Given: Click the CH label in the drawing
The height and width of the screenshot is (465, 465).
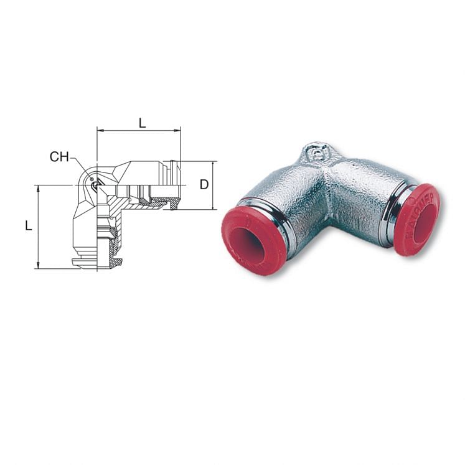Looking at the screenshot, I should (59, 157).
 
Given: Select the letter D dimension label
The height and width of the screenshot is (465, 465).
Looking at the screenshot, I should (204, 184).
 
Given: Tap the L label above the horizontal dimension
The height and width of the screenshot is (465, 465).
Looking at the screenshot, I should (142, 123).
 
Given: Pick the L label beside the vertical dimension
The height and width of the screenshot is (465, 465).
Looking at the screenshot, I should (29, 226).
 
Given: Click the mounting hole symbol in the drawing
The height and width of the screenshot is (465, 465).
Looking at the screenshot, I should (95, 184).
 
